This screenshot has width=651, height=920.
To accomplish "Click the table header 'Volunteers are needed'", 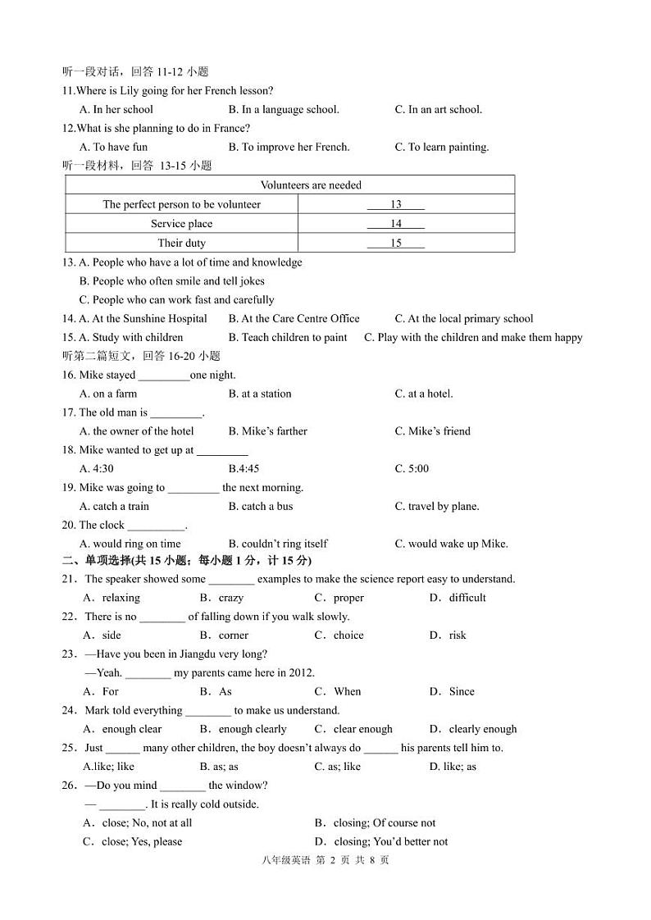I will tap(311, 185).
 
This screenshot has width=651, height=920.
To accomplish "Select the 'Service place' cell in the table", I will tap(181, 224).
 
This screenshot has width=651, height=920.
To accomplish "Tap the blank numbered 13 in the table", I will tap(395, 205).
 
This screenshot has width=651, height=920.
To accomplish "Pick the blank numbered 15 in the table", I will tap(395, 244).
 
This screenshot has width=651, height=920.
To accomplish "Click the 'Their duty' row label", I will tap(181, 244).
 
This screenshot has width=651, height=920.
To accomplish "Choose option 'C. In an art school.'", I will tap(438, 110).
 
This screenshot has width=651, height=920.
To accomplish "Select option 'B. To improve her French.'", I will tap(289, 148).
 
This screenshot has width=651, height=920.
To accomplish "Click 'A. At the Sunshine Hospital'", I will tap(143, 319).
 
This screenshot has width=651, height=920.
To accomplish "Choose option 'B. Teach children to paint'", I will tap(288, 338).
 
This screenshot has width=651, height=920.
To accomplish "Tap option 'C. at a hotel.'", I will tap(423, 394).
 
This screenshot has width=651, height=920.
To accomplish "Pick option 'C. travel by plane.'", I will tap(436, 507).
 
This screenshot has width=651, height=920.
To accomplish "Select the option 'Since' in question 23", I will tap(452, 692).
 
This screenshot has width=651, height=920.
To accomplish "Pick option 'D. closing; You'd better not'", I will tap(381, 842).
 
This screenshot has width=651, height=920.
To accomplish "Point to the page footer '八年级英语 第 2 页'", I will tap(325, 860).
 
